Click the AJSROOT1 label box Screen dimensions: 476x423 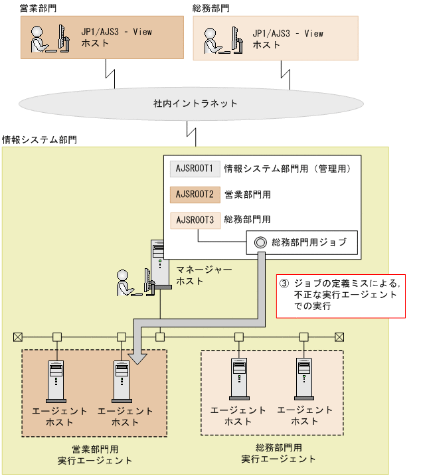(195, 169)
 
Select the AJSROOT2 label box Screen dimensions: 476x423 (195, 195)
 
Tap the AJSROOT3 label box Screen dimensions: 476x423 (195, 219)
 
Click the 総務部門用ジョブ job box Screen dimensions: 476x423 (302, 242)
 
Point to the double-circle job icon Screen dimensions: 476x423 (260, 242)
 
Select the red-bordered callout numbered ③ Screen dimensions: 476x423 (340, 295)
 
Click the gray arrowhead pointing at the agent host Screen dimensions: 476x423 (137, 358)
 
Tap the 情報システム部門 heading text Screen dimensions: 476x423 (39, 140)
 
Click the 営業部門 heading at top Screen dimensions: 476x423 (39, 9)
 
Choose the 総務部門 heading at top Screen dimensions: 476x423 (211, 9)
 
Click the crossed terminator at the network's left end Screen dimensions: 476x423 (18, 337)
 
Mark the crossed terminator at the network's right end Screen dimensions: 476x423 (339, 337)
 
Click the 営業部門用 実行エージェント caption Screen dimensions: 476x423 (94, 454)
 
